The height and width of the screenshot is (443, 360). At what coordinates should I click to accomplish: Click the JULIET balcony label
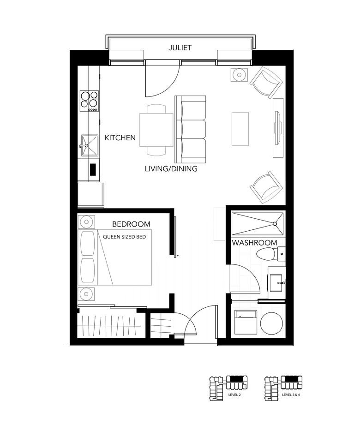coord(180,48)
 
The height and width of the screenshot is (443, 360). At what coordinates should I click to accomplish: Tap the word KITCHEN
coord(120,138)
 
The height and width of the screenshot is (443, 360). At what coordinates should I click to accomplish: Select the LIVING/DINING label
coord(171,169)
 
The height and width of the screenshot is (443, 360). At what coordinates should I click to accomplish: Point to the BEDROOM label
coord(131,224)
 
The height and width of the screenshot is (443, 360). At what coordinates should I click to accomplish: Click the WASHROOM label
coord(254,243)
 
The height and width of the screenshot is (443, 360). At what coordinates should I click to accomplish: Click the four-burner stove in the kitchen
coord(90,100)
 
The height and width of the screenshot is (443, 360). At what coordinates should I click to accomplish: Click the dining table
coord(156,130)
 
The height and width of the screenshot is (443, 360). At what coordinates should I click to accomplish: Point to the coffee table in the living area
coord(240,129)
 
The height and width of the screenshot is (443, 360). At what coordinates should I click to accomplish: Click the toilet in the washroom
coord(269,253)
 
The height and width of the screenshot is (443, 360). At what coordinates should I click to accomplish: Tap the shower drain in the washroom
coord(275,224)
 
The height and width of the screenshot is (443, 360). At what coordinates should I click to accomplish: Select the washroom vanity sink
coord(277,281)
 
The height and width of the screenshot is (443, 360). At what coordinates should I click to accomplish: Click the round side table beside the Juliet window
coord(240,74)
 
